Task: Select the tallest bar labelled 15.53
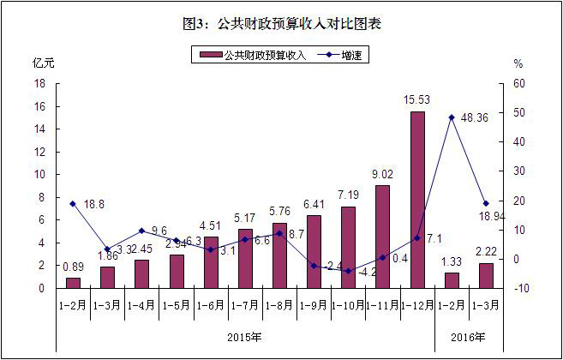[x=417, y=200]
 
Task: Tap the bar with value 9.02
[x=382, y=237]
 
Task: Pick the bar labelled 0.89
[x=73, y=283]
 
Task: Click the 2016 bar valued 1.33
[x=452, y=280]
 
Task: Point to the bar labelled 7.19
[x=348, y=247]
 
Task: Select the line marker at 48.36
[x=452, y=117]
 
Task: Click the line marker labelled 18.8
[x=73, y=204]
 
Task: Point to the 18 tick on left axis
[x=39, y=84]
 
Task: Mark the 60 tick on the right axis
[x=519, y=84]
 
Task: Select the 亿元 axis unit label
[x=44, y=63]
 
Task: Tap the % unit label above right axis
[x=518, y=63]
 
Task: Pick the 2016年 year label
[x=468, y=335]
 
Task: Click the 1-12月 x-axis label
[x=416, y=305]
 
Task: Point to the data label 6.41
[x=314, y=205]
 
